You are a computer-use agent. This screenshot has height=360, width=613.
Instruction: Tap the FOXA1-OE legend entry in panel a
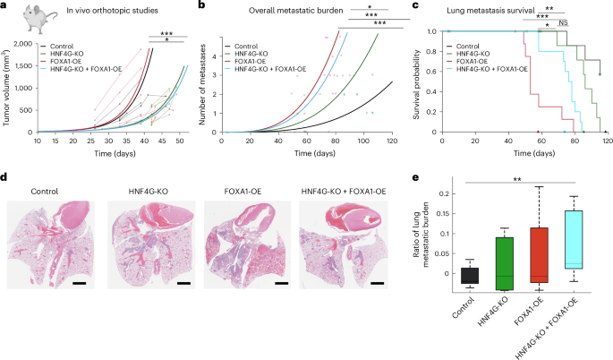(72, 59)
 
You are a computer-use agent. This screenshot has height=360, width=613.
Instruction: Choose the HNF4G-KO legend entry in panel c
(476, 52)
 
